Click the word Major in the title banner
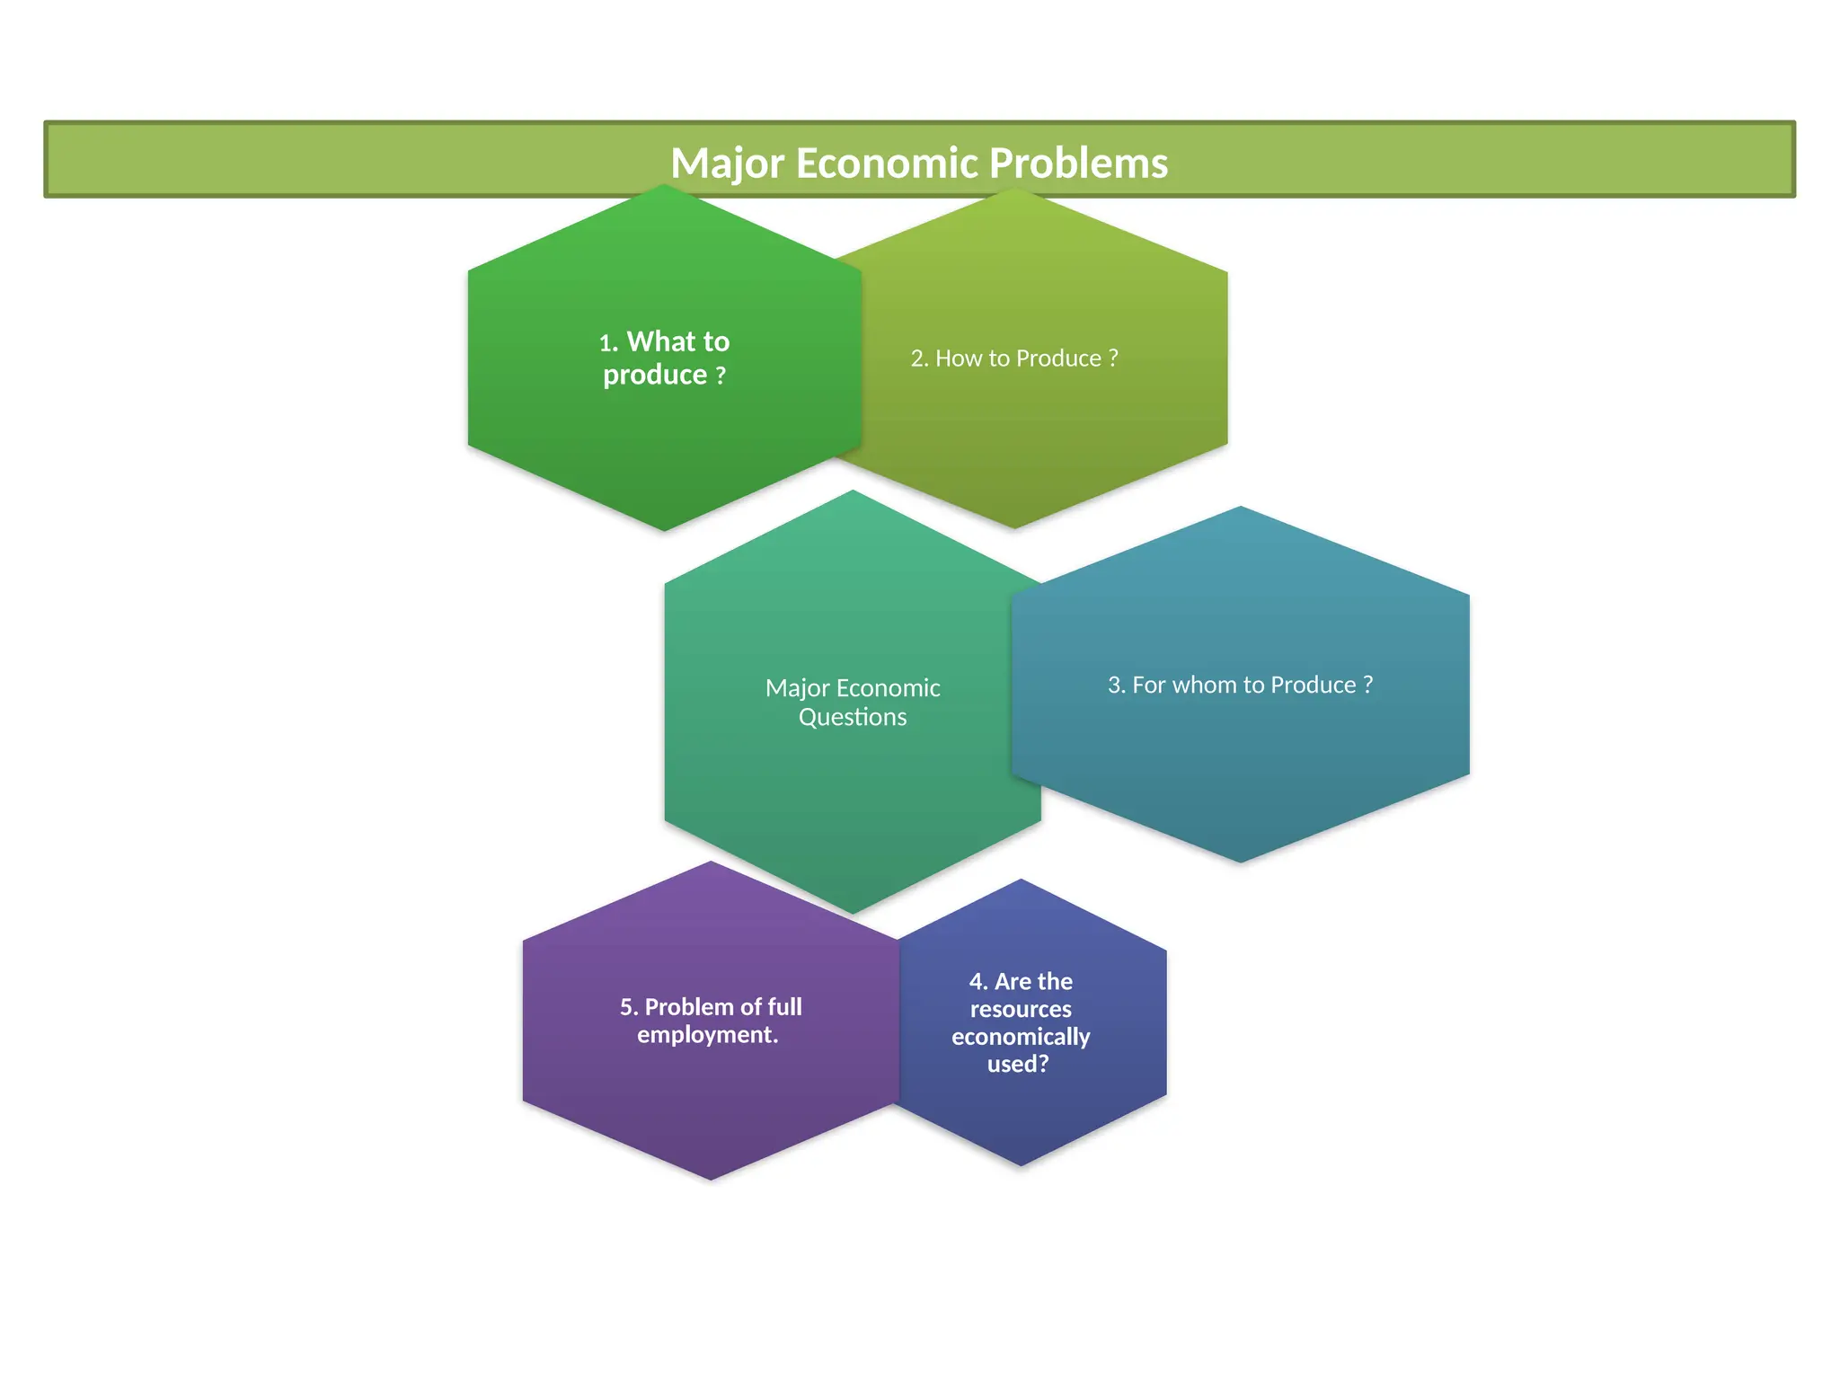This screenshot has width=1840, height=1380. click(x=728, y=164)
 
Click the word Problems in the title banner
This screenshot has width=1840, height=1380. click(x=1078, y=164)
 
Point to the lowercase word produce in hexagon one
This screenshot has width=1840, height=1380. click(x=655, y=375)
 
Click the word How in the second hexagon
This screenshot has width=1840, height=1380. click(x=959, y=358)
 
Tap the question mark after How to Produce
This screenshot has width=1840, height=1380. click(x=1114, y=358)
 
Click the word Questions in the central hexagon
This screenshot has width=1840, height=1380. click(x=853, y=717)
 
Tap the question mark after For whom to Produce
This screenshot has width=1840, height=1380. click(x=1368, y=685)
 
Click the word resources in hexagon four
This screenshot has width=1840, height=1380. click(x=1021, y=1009)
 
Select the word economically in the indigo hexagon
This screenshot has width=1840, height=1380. click(x=1021, y=1037)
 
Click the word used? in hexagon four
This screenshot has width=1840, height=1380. click(x=1018, y=1065)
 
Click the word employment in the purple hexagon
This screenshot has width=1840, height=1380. click(x=705, y=1035)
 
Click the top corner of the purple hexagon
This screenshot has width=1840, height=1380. click(x=712, y=862)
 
